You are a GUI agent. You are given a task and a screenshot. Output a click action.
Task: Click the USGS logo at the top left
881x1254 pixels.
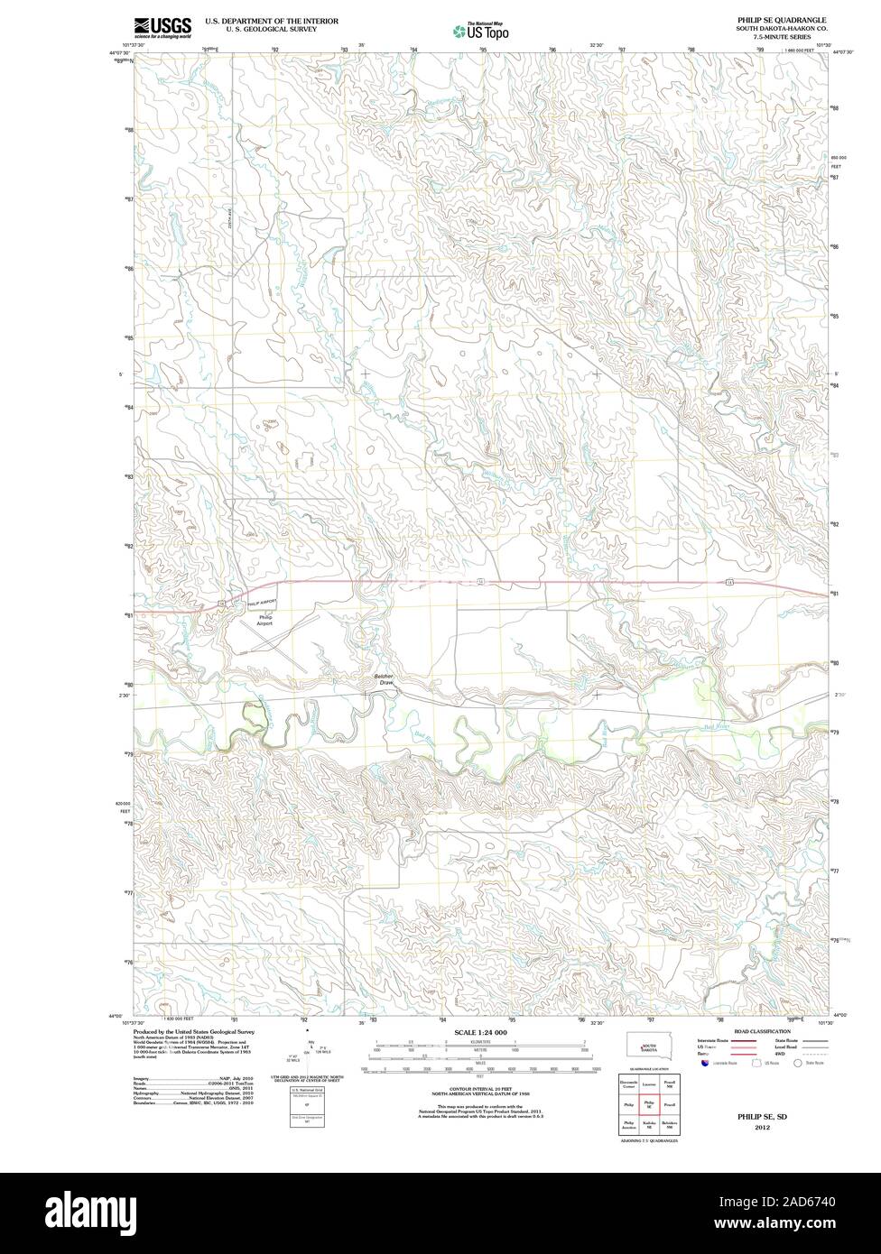[162, 27]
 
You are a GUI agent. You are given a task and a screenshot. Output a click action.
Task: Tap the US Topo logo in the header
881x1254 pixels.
[481, 32]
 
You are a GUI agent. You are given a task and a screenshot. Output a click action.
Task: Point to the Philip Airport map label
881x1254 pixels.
[264, 620]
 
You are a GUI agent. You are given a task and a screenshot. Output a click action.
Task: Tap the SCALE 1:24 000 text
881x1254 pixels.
[482, 1031]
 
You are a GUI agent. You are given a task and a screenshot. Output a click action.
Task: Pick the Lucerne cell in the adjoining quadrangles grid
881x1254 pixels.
[647, 1082]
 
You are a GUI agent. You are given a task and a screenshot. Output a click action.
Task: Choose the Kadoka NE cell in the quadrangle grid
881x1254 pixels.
[647, 1126]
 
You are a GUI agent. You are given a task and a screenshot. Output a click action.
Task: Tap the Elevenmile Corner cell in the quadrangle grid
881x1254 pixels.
[628, 1082]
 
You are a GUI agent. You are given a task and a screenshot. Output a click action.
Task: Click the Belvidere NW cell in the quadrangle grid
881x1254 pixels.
[668, 1126]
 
